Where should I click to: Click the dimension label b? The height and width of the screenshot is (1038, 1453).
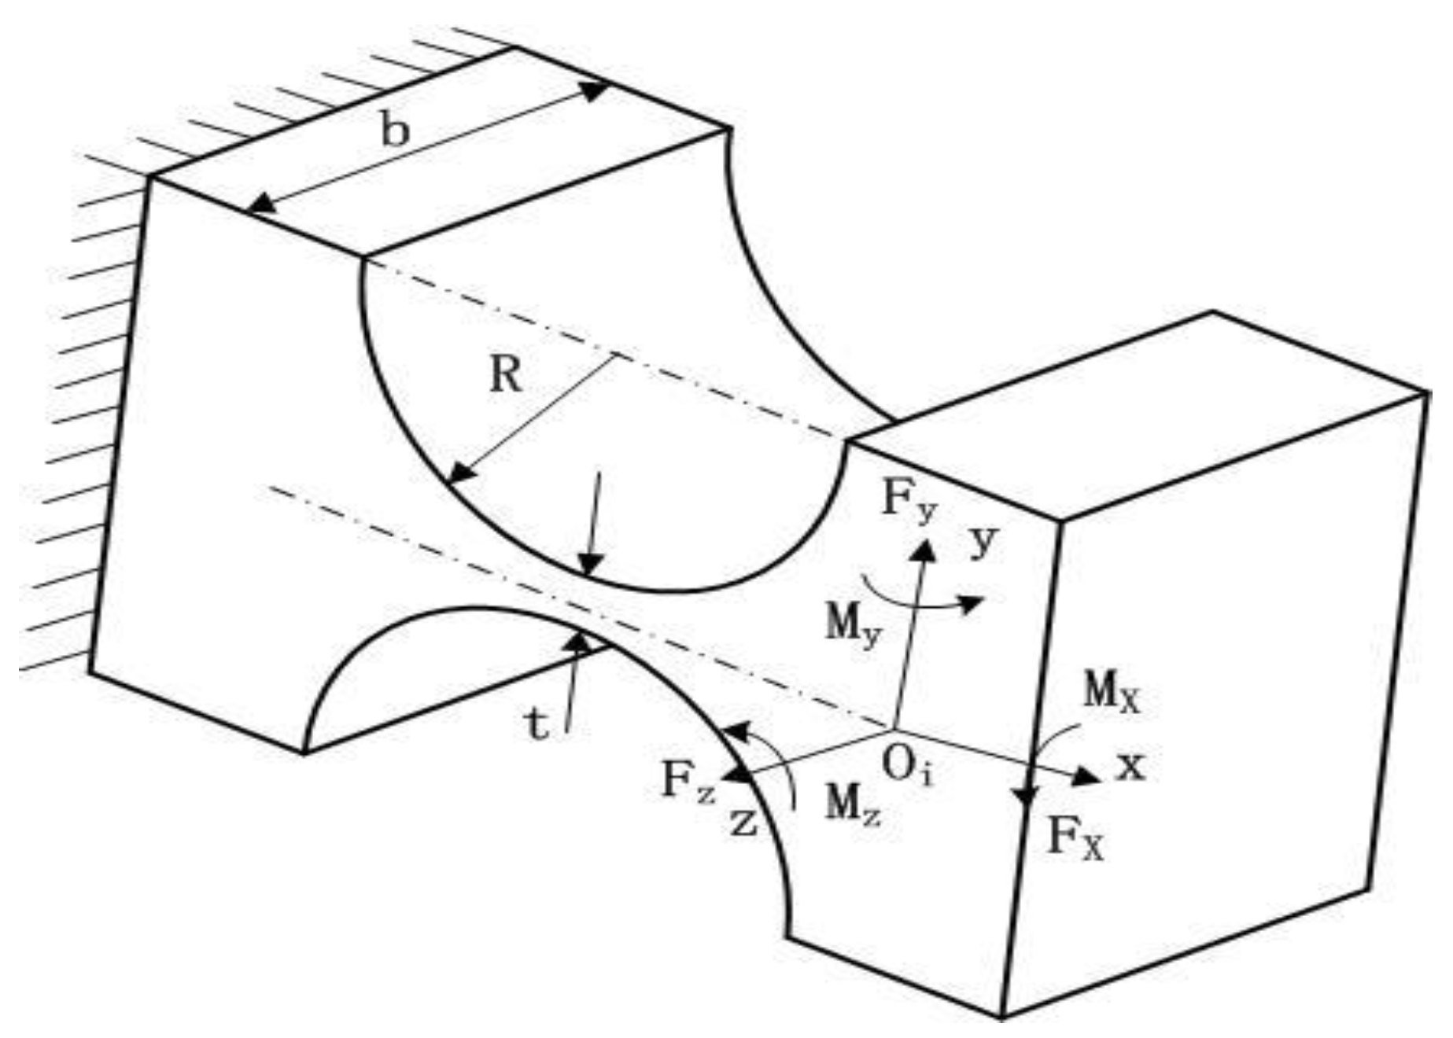point(395,131)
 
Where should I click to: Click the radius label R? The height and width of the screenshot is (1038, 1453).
point(505,375)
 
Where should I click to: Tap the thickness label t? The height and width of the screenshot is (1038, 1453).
point(537,727)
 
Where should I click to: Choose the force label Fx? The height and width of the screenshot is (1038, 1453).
point(1075,840)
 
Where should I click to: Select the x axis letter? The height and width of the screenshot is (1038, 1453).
point(1131,766)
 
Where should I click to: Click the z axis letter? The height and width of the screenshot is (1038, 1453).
point(743,823)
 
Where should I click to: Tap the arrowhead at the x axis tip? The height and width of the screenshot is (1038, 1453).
point(1089,777)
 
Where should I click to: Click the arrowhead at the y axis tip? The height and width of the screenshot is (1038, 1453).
point(924,549)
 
